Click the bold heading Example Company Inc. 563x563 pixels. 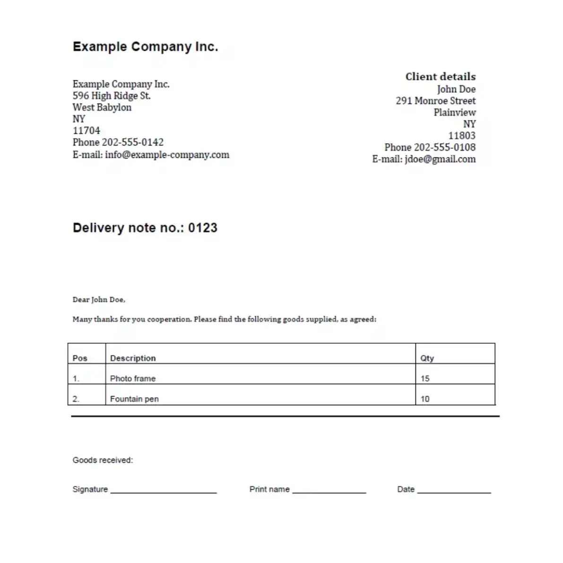pyautogui.click(x=145, y=47)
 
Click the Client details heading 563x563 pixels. pyautogui.click(x=440, y=77)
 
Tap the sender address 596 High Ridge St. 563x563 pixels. pyautogui.click(x=112, y=95)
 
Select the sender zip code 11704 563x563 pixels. pyautogui.click(x=86, y=130)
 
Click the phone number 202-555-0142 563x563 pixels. pyautogui.click(x=133, y=142)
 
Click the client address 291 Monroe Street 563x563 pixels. pyautogui.click(x=435, y=101)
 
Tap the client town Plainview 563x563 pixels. pyautogui.click(x=454, y=113)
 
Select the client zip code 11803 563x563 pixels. pyautogui.click(x=461, y=136)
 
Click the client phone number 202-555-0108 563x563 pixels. pyautogui.click(x=445, y=147)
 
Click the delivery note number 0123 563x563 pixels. pyautogui.click(x=203, y=228)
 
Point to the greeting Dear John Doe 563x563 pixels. pyautogui.click(x=99, y=300)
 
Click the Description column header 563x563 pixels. pyautogui.click(x=133, y=358)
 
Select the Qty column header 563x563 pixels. pyautogui.click(x=427, y=358)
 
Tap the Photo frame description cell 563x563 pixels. pyautogui.click(x=133, y=379)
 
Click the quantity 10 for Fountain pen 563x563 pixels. pyautogui.click(x=425, y=399)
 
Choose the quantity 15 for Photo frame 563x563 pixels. pyautogui.click(x=425, y=379)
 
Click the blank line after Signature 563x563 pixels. pyautogui.click(x=164, y=492)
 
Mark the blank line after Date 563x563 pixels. pyautogui.click(x=454, y=492)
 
